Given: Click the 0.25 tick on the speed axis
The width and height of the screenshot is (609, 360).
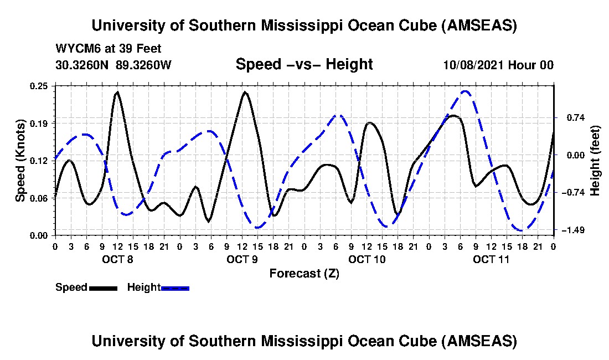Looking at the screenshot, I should (40, 86).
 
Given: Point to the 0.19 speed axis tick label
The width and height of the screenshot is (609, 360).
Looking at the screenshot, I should (40, 122).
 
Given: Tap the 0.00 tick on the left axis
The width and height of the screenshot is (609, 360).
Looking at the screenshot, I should (40, 235).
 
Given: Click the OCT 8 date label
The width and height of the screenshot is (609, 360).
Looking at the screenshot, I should (117, 259).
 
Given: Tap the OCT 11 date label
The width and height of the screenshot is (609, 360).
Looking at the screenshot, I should (491, 259).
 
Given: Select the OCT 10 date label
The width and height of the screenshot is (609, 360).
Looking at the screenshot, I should (367, 259).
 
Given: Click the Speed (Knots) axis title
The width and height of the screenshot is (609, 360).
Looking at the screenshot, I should (20, 161).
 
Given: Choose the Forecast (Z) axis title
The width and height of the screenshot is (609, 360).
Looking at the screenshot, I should (304, 273).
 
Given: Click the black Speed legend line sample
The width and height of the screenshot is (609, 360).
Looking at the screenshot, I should (102, 288).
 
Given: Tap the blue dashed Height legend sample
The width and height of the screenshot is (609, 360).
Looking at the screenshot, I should (175, 288).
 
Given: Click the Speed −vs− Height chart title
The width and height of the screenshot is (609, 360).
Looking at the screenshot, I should (304, 64).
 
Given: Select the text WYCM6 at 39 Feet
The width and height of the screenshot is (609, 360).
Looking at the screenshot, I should (109, 49).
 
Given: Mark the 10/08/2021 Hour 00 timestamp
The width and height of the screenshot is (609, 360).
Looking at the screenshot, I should (498, 65).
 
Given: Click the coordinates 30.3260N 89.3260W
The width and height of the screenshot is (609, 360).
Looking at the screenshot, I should (113, 65).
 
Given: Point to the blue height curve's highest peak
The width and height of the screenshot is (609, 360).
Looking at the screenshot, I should (466, 91).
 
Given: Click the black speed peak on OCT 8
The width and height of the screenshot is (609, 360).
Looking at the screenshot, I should (117, 92).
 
